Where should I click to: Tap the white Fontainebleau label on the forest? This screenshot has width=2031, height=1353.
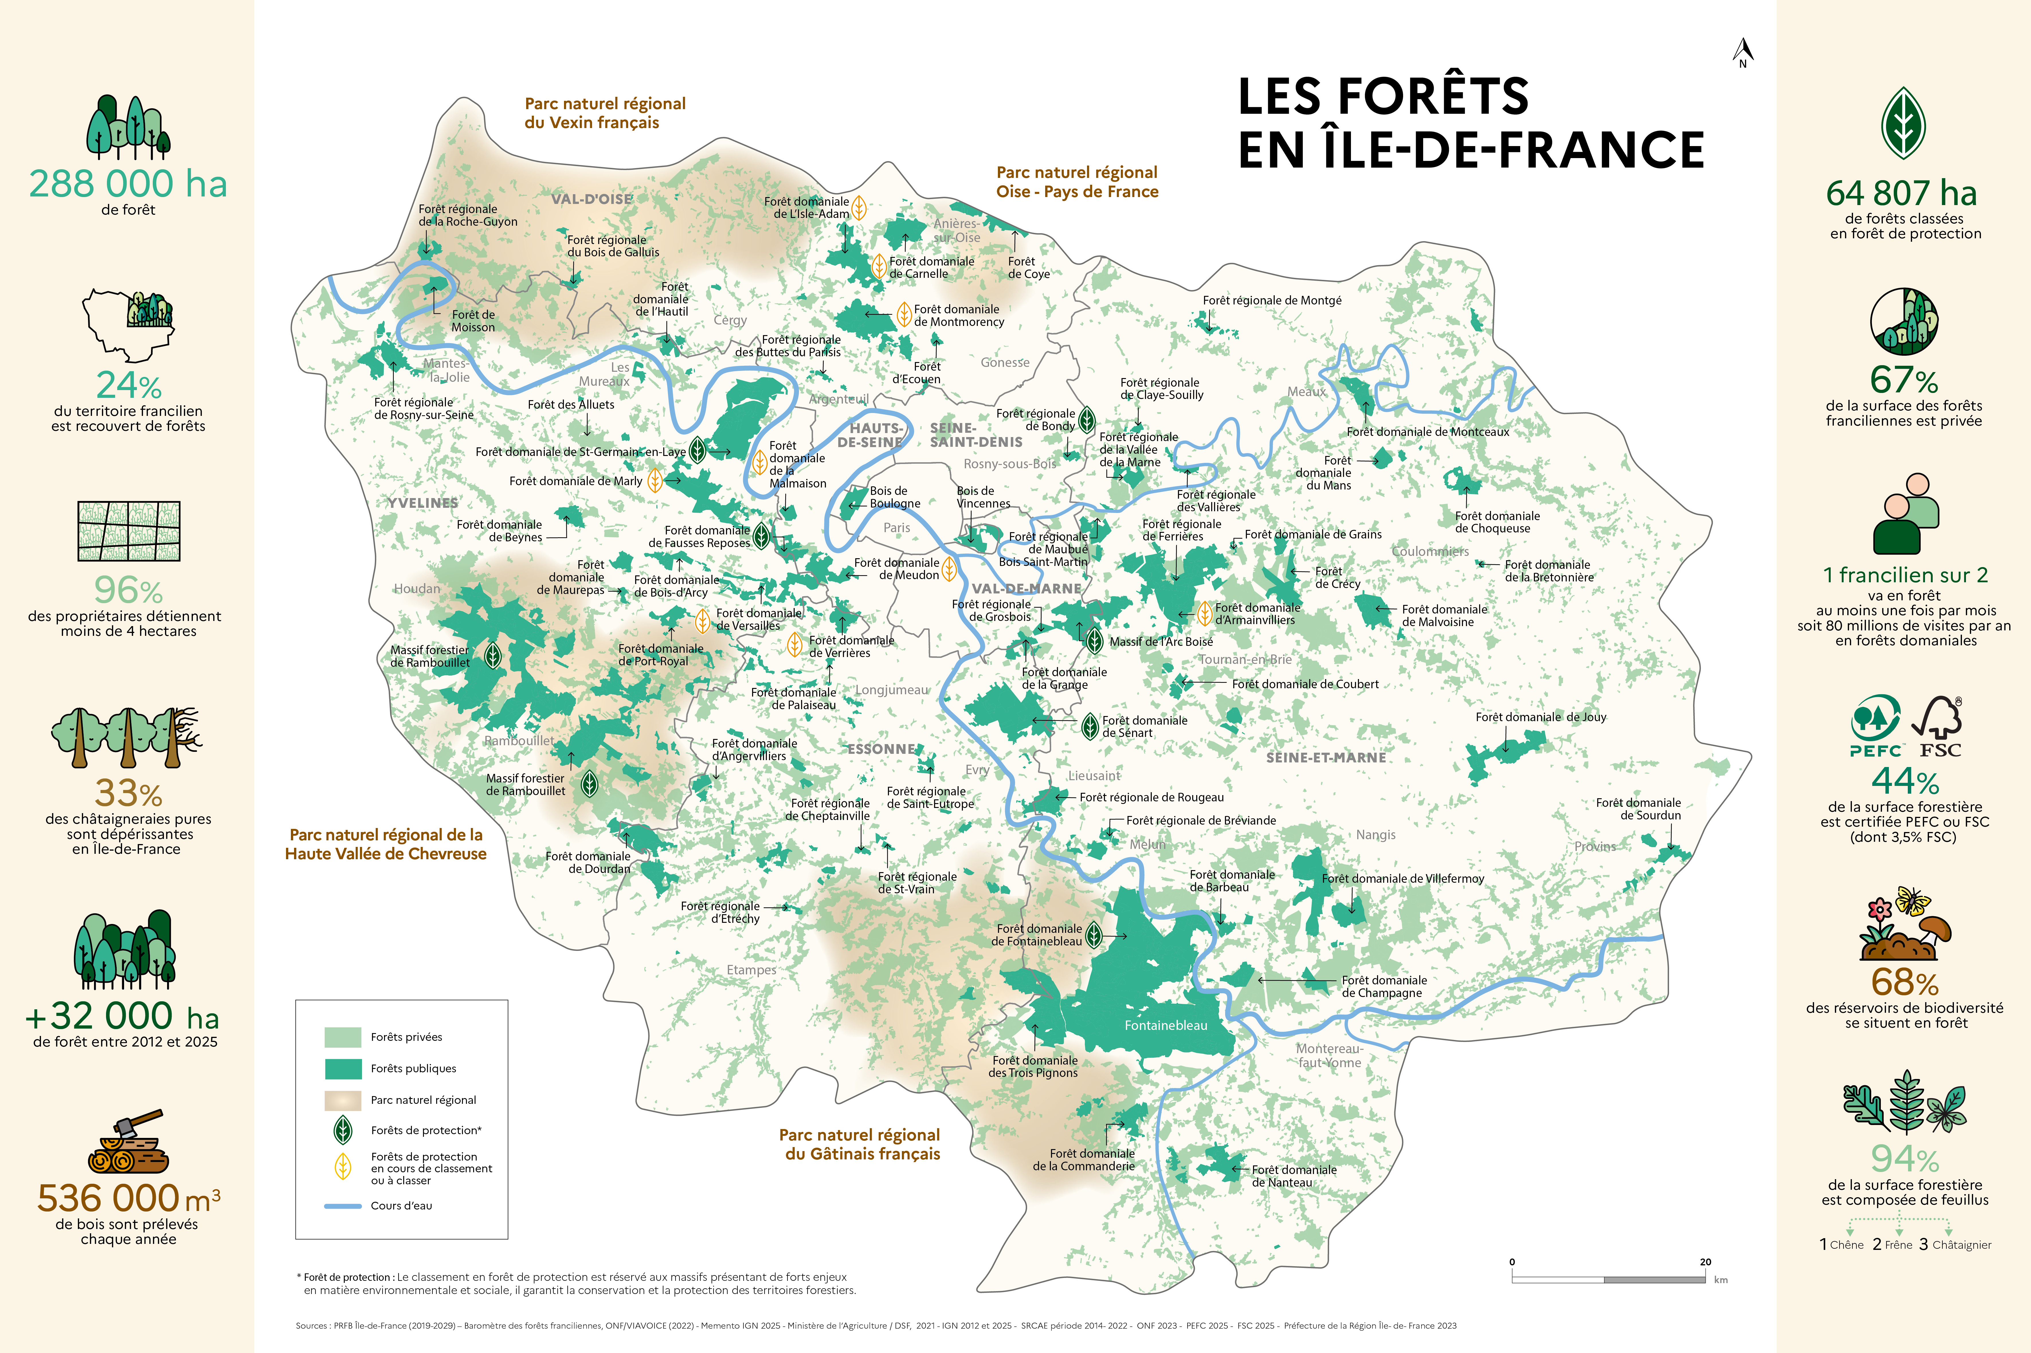1165,1025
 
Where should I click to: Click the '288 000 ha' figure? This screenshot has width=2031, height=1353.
128,184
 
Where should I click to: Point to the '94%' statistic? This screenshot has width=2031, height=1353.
1904,1158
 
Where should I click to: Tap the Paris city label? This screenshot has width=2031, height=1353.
897,527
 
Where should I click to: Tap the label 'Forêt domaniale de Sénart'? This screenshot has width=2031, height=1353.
1145,727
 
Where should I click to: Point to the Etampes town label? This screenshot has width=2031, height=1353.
751,970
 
